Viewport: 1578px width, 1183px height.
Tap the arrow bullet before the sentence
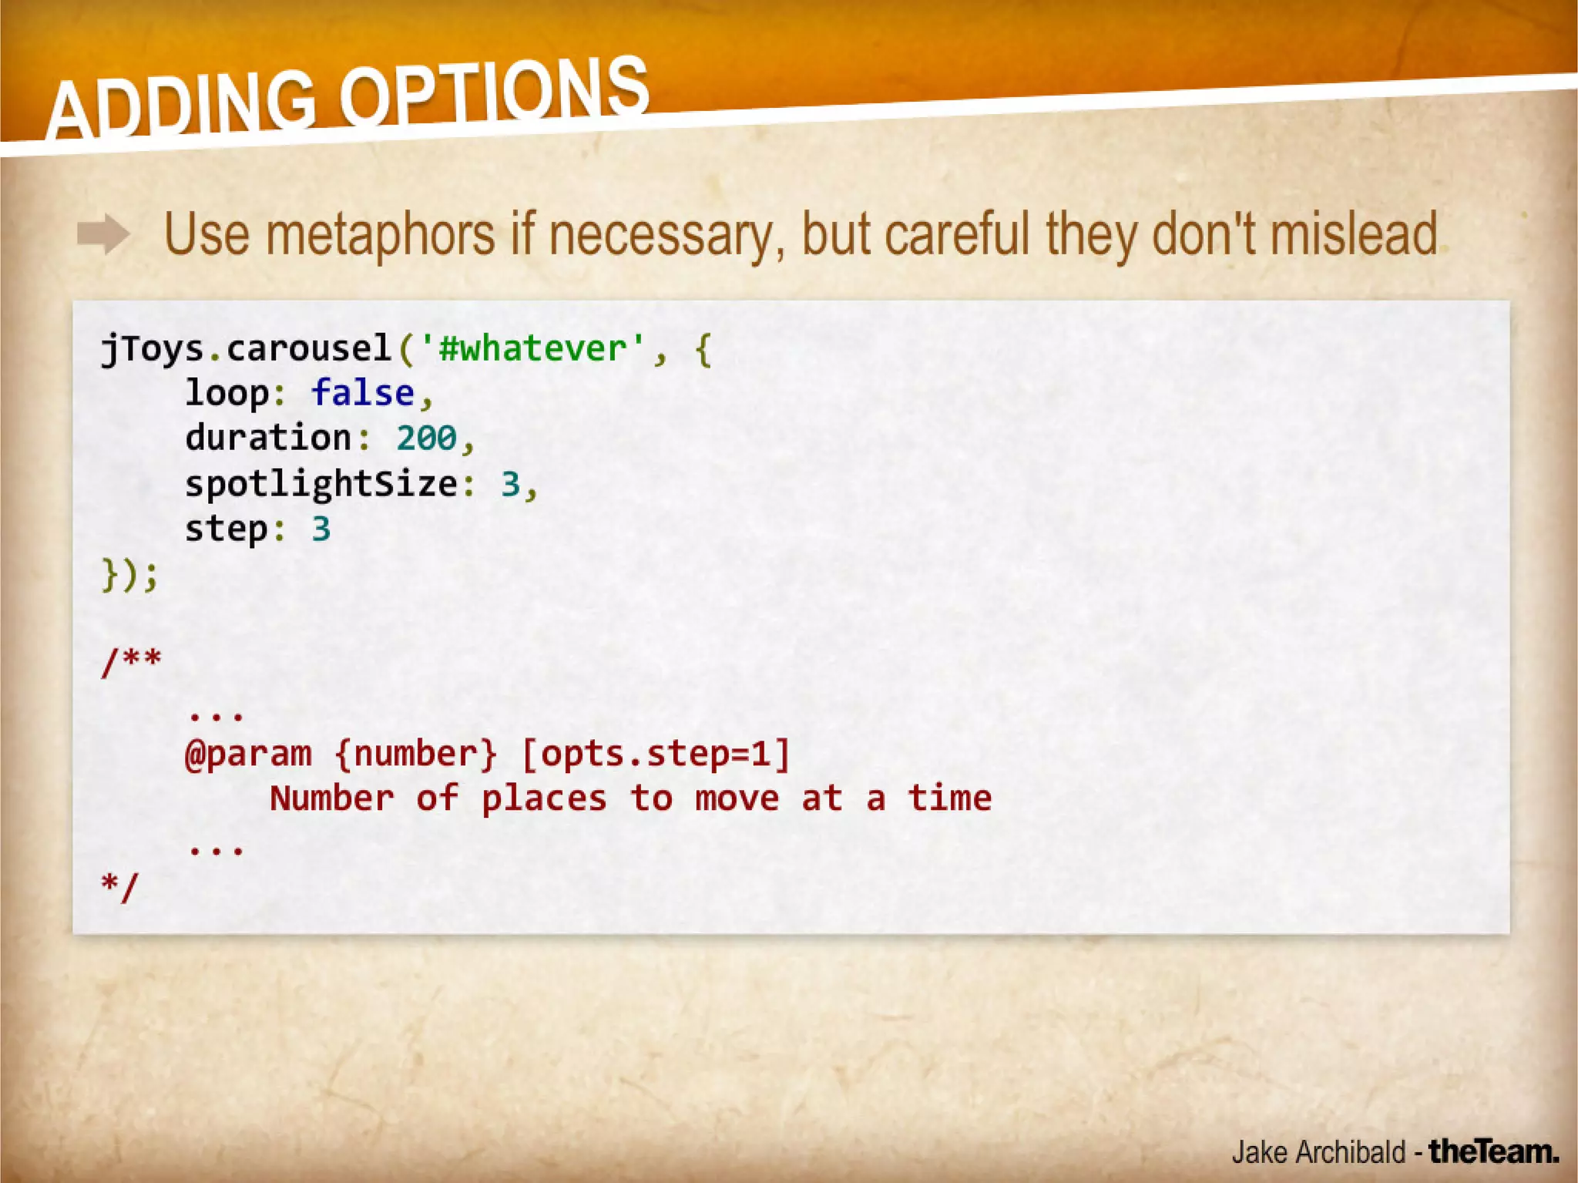[103, 234]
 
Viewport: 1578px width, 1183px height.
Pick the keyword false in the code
[363, 393]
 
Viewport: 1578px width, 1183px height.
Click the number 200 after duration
[427, 438]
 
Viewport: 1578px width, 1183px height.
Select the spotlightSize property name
[321, 484]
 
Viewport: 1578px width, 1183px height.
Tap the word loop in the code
[227, 393]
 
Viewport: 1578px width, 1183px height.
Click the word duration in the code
[268, 438]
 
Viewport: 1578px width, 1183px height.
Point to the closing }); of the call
[129, 574]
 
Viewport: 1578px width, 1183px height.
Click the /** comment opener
[131, 660]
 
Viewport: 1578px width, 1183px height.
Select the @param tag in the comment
[248, 754]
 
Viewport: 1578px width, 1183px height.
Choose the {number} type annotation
[416, 754]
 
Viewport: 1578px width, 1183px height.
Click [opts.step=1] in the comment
[656, 754]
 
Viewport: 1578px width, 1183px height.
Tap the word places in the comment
[544, 798]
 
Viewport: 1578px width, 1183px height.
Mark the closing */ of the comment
[119, 886]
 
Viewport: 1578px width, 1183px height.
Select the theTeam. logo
[1493, 1151]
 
